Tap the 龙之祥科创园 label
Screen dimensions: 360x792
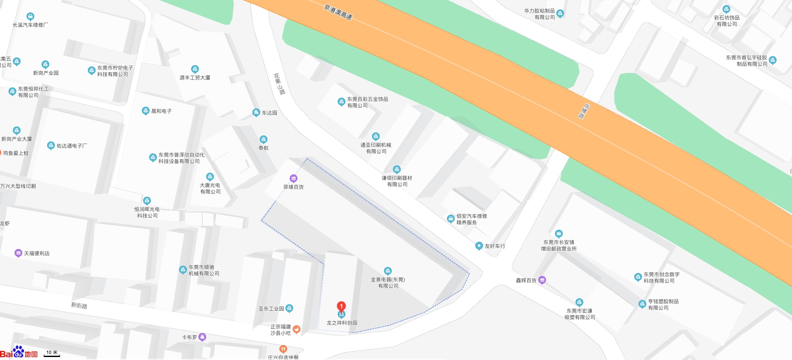tap(342, 323)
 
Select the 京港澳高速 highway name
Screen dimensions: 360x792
tap(338, 12)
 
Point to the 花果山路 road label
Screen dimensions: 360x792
tap(279, 84)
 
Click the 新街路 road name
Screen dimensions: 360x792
tap(79, 306)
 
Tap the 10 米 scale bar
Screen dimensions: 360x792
tap(52, 353)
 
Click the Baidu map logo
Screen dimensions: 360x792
tap(19, 352)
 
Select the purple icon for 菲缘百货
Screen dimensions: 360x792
tap(294, 178)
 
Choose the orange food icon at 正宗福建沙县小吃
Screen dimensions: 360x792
tap(297, 329)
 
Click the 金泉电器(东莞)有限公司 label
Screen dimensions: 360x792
tap(388, 282)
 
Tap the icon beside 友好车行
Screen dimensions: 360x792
tap(479, 246)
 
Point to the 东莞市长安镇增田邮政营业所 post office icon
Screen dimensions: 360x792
tap(558, 234)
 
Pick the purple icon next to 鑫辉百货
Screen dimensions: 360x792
tap(542, 280)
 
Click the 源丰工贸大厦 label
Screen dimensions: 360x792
tap(195, 78)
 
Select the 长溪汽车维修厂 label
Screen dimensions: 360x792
tap(30, 25)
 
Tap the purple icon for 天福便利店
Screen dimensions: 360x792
tap(18, 253)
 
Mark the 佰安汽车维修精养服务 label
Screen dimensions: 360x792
tap(471, 219)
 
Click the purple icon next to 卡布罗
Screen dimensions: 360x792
tap(202, 337)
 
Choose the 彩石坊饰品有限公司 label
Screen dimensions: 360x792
tap(726, 21)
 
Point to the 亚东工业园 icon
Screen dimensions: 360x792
tap(289, 308)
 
